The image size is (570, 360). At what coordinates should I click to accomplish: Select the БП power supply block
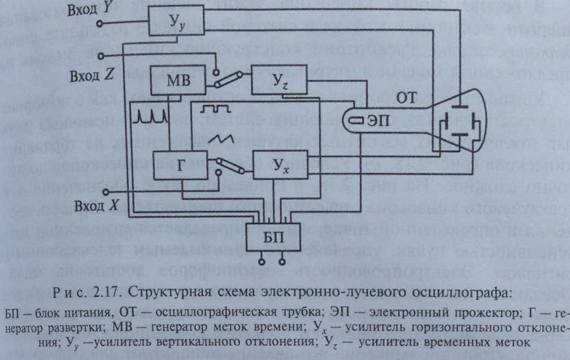tap(275, 237)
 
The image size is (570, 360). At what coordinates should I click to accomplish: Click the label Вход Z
tap(91, 76)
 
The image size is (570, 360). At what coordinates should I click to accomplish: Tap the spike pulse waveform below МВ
tap(151, 116)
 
